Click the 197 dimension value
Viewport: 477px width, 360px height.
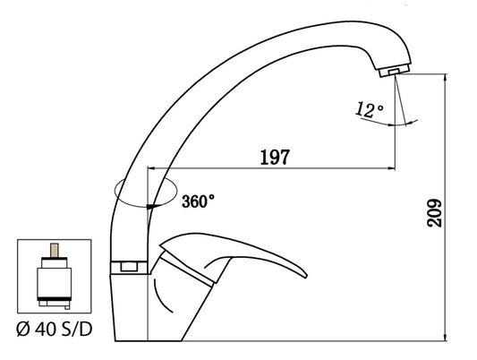pyautogui.click(x=276, y=157)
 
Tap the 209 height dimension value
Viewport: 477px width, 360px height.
pyautogui.click(x=434, y=213)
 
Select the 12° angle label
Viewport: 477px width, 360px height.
pyautogui.click(x=370, y=110)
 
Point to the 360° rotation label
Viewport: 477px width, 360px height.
pyautogui.click(x=198, y=201)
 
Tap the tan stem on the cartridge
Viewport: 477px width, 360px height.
pyautogui.click(x=55, y=250)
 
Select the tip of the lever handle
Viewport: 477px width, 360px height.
pyautogui.click(x=306, y=277)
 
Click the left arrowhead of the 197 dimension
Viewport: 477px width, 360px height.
pyautogui.click(x=151, y=168)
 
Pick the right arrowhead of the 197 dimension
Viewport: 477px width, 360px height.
pyautogui.click(x=391, y=168)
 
